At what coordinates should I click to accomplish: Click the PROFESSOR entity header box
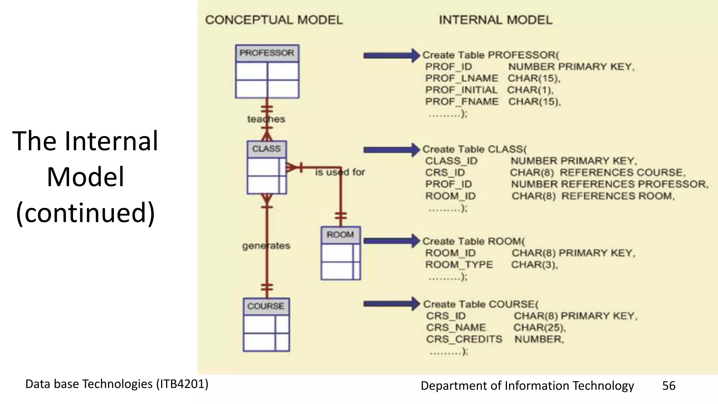[x=267, y=53]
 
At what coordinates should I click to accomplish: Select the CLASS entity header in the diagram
[x=266, y=149]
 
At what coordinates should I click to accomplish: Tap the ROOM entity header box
[x=340, y=235]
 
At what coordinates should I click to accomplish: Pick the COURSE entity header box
[x=266, y=306]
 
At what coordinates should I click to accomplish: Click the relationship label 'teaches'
[x=266, y=119]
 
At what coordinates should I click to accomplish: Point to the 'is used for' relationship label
[x=340, y=172]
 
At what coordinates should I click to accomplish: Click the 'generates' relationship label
[x=266, y=246]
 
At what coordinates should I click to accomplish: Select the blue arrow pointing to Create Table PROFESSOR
[x=391, y=55]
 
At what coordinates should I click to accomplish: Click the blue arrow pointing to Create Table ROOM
[x=391, y=241]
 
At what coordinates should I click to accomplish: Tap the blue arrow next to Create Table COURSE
[x=391, y=304]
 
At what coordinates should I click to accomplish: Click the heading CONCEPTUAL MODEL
[x=274, y=20]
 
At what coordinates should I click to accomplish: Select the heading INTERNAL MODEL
[x=495, y=20]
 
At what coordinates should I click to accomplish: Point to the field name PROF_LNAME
[x=461, y=78]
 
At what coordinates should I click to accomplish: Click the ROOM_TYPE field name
[x=459, y=265]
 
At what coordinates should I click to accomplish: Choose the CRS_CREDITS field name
[x=464, y=339]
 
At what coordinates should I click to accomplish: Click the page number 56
[x=669, y=386]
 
